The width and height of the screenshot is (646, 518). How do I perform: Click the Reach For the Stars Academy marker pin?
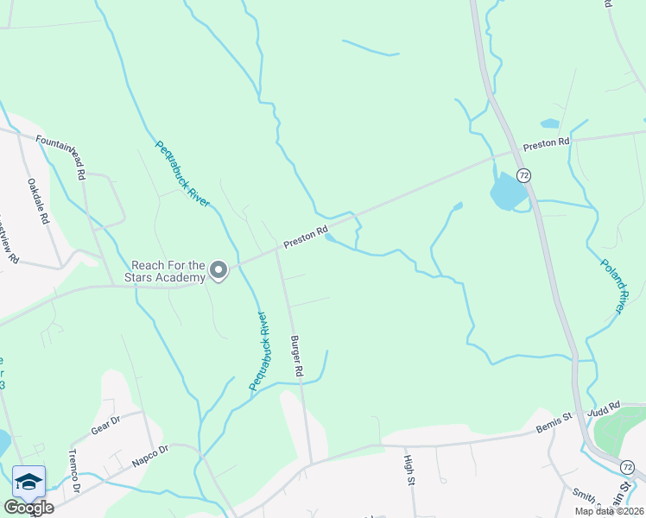218,271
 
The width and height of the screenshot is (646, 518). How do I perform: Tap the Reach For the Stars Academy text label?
168,271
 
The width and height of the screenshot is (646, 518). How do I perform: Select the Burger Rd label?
296,355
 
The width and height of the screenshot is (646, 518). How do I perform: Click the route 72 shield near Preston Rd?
523,175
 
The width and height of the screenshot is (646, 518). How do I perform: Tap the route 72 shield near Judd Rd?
628,467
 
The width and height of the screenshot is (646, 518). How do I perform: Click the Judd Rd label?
604,407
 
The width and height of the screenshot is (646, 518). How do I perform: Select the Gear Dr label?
105,425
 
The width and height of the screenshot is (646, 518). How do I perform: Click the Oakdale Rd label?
39,201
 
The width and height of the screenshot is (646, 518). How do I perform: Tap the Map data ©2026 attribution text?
608,511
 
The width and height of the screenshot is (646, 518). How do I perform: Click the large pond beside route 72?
507,192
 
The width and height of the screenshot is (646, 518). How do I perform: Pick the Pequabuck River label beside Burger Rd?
259,351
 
